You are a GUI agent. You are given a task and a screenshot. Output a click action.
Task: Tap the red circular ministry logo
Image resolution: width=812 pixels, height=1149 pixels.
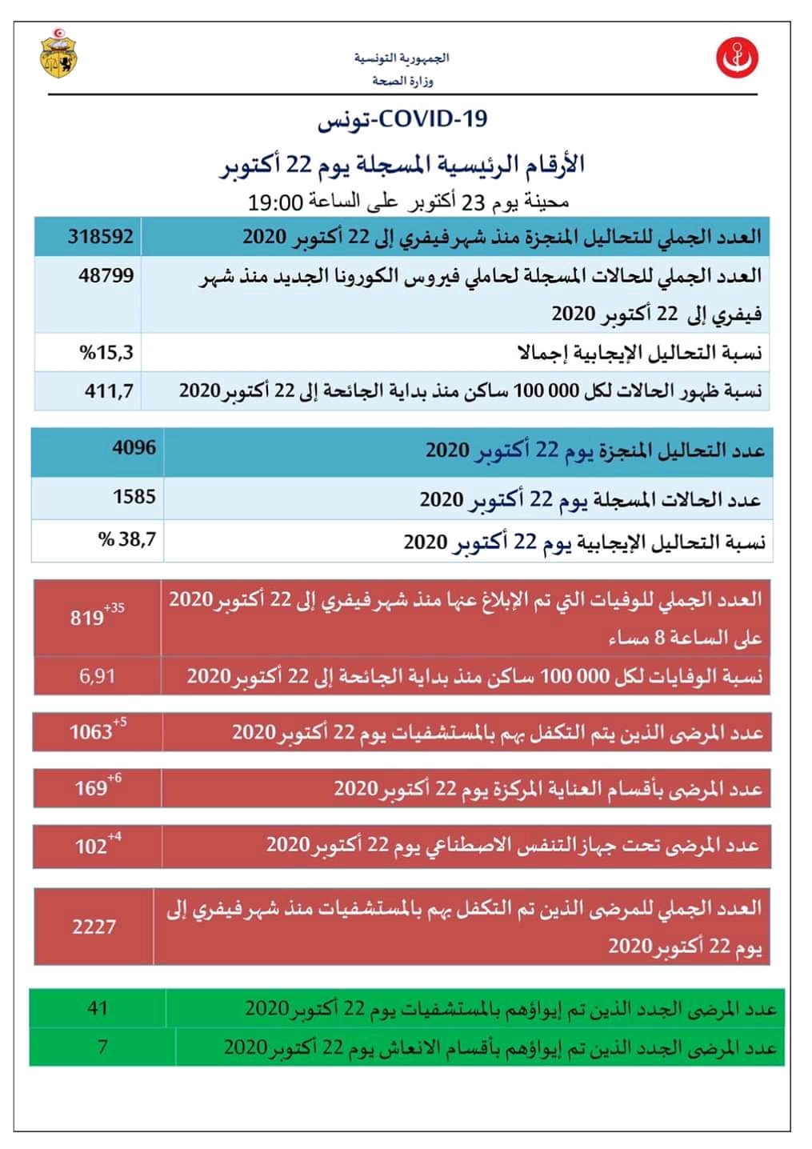[x=737, y=57]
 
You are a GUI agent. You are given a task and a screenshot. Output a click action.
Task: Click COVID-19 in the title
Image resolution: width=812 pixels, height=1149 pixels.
[x=432, y=119]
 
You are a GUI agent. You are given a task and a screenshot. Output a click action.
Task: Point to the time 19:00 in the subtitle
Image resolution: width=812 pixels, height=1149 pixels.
[x=275, y=202]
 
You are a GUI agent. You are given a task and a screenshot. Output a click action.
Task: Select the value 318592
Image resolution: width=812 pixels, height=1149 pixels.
[x=101, y=237]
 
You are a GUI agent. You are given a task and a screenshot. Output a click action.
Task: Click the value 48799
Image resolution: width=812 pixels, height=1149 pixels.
[x=106, y=276]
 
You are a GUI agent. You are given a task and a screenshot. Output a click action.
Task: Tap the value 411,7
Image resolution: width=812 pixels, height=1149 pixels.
[x=109, y=391]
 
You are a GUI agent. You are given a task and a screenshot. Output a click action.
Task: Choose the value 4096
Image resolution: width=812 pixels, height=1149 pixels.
[x=134, y=447]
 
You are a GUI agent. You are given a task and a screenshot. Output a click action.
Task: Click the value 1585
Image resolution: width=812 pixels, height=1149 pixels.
[x=134, y=497]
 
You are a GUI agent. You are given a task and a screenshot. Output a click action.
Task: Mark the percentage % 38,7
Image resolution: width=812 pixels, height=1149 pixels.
[x=127, y=540]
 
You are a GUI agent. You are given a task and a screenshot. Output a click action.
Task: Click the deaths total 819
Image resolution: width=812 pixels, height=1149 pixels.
[x=86, y=618]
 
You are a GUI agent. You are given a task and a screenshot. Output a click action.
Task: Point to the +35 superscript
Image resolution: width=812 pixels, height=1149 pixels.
[x=114, y=607]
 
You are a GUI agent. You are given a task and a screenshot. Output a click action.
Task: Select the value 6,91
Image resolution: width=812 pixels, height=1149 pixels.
[x=97, y=676]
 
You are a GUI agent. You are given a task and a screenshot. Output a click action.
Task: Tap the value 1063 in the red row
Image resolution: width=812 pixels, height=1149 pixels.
[x=90, y=731]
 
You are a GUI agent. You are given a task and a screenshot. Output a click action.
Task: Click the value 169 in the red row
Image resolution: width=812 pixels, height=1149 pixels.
[x=90, y=788]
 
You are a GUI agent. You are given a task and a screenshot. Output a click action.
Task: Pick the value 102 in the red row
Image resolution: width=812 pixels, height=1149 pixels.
[x=90, y=846]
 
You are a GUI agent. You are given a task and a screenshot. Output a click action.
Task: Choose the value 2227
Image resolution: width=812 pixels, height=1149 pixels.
[x=94, y=927]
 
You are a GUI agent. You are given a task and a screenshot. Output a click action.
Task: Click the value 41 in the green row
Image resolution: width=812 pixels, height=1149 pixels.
[x=98, y=1007]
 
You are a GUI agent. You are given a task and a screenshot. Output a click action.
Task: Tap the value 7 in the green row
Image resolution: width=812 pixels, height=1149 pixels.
[x=102, y=1046]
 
